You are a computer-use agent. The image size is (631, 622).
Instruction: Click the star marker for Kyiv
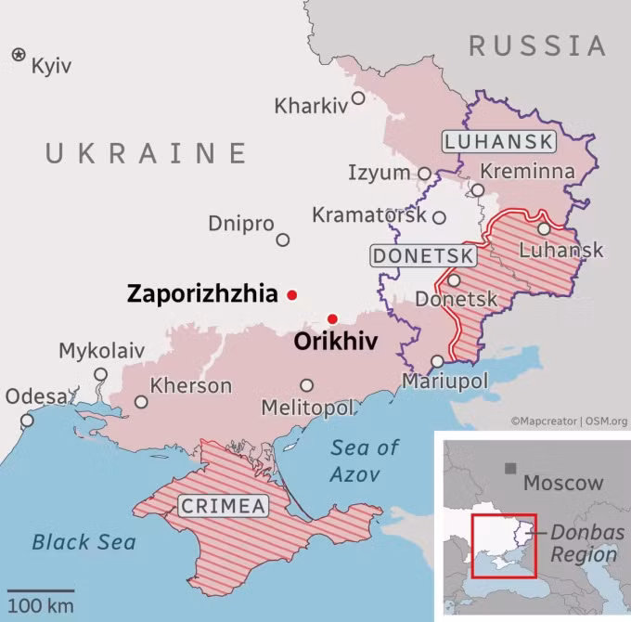point(19,55)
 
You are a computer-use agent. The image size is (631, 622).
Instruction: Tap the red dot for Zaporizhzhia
point(292,295)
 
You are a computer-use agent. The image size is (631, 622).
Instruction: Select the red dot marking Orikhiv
point(332,319)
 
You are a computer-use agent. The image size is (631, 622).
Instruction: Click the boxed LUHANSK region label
point(498,142)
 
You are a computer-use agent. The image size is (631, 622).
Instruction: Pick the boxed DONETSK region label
point(424,255)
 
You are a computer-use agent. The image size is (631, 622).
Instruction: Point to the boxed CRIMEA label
point(223,506)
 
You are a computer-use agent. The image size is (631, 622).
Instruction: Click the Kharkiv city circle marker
point(357,97)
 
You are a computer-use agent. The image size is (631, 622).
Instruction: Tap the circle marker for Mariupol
point(438,362)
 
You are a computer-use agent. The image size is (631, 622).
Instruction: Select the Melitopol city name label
point(308,408)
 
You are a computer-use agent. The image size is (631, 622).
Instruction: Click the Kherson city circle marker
point(141,402)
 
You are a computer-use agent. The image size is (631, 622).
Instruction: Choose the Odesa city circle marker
point(27,421)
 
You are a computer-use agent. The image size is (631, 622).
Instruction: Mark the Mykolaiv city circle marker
point(100,374)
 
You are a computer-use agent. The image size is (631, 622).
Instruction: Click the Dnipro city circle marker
point(283,240)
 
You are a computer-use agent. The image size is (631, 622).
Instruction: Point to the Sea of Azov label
point(366,460)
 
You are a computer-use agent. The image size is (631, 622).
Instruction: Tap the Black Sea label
point(84,542)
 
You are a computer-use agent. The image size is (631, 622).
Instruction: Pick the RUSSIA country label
point(537,45)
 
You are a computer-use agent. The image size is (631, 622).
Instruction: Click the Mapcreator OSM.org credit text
point(569,421)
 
